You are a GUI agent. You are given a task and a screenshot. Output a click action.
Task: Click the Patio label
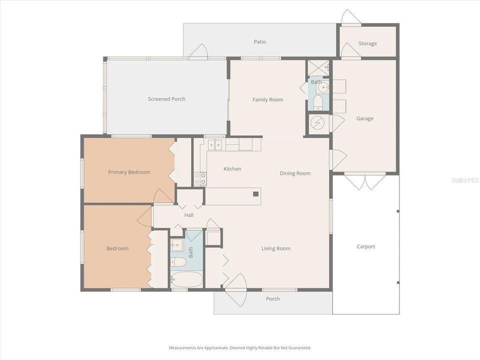(x=259, y=42)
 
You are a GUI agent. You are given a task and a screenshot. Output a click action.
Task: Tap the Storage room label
(x=367, y=43)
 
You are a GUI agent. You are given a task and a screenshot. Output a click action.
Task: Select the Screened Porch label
(x=166, y=99)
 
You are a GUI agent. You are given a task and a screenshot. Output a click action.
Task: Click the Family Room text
(x=267, y=99)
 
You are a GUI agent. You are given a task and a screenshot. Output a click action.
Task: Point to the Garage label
(x=364, y=118)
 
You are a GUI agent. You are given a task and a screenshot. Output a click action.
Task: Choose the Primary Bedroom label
(x=129, y=172)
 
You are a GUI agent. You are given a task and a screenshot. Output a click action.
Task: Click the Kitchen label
(x=232, y=169)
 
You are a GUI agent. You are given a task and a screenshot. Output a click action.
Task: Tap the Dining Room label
(x=295, y=173)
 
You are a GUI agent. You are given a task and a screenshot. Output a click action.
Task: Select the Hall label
(x=188, y=215)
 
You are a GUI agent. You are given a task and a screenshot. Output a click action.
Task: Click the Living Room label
(x=276, y=248)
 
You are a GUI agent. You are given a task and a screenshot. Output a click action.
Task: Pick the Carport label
(x=365, y=246)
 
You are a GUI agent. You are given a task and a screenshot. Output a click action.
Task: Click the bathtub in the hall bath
(x=186, y=279)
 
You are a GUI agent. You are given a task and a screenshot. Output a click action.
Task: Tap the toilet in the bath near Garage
(x=318, y=102)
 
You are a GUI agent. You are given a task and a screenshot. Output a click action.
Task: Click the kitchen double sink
(x=215, y=145)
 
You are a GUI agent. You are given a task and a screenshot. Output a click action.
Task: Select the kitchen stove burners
(x=200, y=178)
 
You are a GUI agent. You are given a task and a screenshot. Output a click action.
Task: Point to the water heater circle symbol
(x=318, y=123)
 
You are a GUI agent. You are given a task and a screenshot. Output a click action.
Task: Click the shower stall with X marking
(x=318, y=67)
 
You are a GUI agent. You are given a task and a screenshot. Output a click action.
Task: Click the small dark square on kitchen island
(x=255, y=193)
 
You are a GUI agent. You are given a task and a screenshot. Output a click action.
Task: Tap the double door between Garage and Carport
(x=365, y=181)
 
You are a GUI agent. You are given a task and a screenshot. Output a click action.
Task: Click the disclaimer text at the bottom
(x=240, y=347)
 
